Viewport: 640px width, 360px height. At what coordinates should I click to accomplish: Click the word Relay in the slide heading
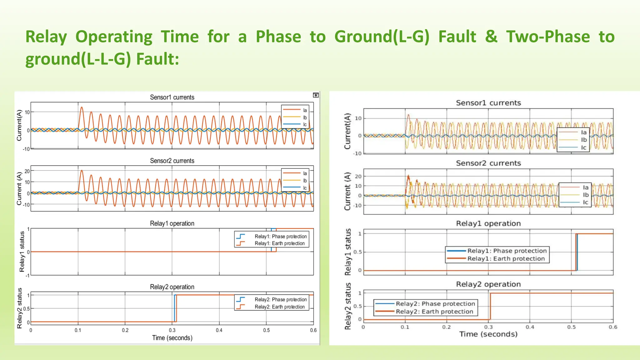point(46,37)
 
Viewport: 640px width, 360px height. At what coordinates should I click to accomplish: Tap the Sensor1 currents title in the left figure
point(172,97)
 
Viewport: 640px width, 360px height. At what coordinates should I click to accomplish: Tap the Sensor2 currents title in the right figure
point(488,163)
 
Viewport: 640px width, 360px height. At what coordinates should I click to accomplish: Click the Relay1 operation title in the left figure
point(172,223)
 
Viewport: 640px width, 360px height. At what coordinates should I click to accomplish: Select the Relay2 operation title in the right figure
point(488,284)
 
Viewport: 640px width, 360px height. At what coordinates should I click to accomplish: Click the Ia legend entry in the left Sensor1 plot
point(305,110)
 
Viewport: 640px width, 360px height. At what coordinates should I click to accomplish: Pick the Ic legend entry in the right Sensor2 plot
point(585,202)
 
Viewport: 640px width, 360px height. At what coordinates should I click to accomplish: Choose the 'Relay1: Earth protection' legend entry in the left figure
point(279,243)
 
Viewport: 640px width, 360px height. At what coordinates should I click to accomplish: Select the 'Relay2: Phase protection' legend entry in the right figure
point(435,304)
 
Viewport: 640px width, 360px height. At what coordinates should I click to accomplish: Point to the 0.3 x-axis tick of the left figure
point(172,330)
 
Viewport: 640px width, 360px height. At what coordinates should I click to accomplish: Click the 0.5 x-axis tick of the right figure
point(571,327)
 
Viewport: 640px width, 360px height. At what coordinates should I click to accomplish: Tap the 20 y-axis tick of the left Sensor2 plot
point(27,171)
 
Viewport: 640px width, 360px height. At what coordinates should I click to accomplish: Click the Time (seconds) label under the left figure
point(172,338)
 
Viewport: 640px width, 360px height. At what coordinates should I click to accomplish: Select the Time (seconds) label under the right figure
point(488,334)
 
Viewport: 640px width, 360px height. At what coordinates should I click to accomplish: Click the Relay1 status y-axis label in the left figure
point(22,252)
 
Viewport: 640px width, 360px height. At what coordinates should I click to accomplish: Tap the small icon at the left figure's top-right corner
point(316,95)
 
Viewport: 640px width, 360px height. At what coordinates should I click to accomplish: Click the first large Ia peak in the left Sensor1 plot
point(82,108)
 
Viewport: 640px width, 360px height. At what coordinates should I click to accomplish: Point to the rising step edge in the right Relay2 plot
point(490,306)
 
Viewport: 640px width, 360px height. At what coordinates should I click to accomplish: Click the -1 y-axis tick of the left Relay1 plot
point(27,276)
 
